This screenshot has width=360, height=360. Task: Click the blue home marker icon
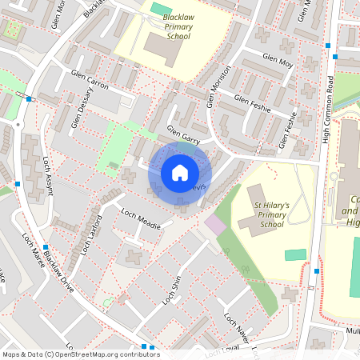[180, 172]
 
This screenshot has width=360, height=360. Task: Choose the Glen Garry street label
[182, 133]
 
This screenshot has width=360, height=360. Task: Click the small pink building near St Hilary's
[215, 225]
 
